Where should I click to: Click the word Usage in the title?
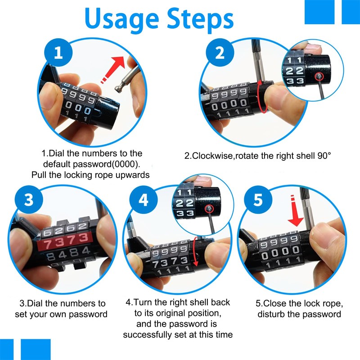click(x=121, y=20)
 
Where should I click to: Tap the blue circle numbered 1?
click(x=58, y=53)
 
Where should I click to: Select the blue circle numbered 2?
click(x=220, y=53)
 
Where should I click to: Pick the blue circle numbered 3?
click(x=29, y=199)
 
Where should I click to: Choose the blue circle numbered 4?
click(x=144, y=200)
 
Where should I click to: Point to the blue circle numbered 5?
click(x=258, y=200)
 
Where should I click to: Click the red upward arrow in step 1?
click(x=113, y=70)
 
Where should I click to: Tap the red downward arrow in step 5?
click(x=295, y=211)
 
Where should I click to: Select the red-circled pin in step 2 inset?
click(x=319, y=76)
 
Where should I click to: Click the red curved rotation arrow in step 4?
click(x=196, y=252)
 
